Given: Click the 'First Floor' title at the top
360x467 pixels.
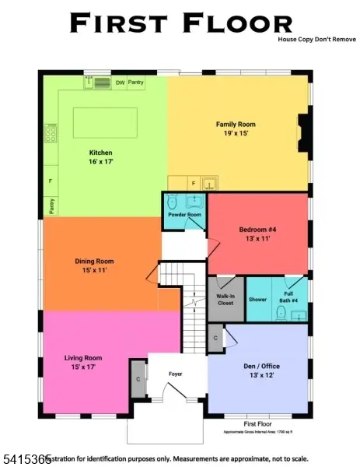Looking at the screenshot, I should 181,23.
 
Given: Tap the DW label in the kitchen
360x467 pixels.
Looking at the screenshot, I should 120,82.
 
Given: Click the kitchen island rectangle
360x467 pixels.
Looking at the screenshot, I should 105,123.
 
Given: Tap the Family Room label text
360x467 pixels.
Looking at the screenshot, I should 236,124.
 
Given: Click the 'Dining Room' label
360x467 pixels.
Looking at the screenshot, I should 95,261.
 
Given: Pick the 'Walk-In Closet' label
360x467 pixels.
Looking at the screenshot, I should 225,299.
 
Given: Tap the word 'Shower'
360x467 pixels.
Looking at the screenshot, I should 257,299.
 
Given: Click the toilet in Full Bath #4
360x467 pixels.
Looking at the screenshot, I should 281,312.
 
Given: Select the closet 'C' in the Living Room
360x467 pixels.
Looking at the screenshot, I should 138,378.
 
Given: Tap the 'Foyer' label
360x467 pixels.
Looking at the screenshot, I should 176,374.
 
